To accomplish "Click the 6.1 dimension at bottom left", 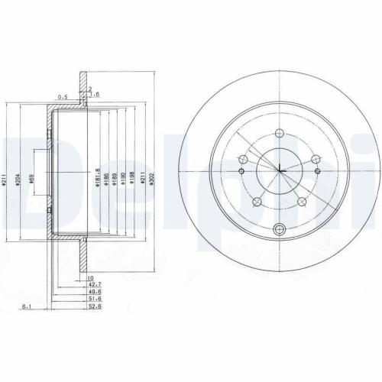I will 27,307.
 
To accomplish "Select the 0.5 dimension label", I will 63,96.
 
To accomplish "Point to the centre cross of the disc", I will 280,170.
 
